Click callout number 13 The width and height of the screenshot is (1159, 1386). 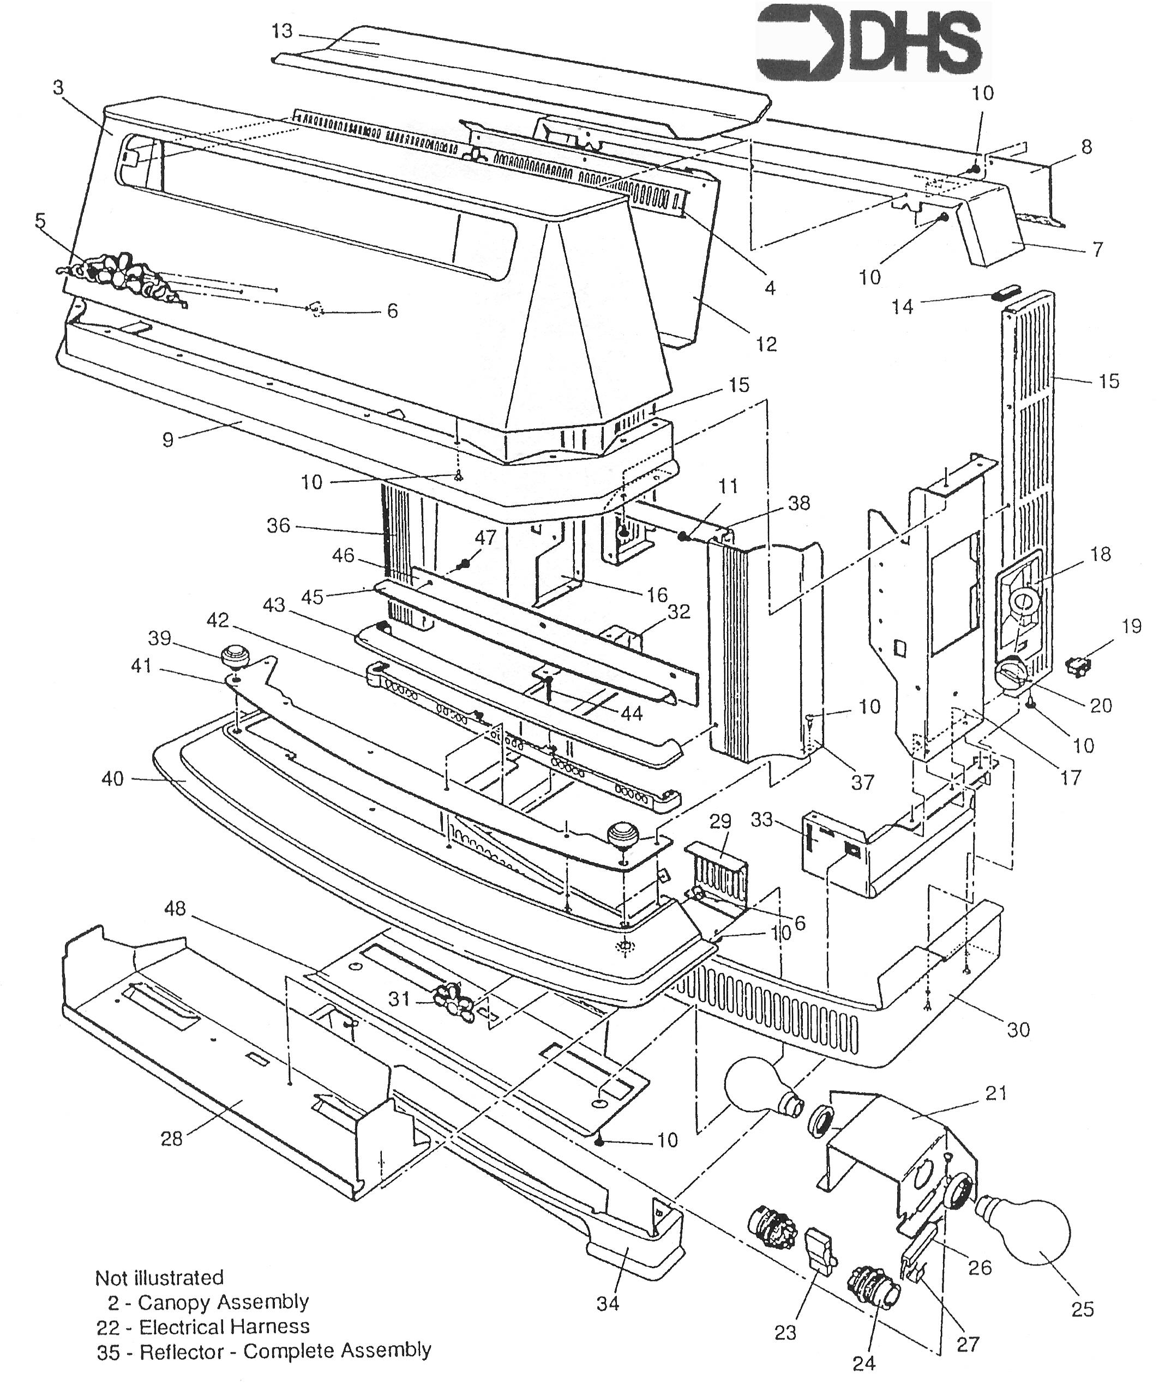(282, 31)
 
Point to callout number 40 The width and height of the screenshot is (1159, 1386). (112, 779)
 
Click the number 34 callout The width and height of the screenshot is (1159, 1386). (608, 1304)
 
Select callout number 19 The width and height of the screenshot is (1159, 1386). (1132, 626)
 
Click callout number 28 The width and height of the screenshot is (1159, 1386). (172, 1139)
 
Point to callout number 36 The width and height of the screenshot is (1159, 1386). (278, 525)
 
